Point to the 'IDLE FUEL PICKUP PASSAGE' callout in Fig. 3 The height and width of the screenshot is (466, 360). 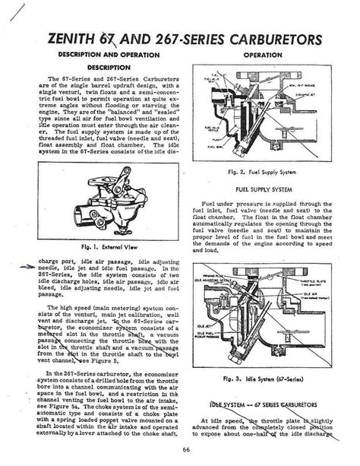click(x=209, y=339)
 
